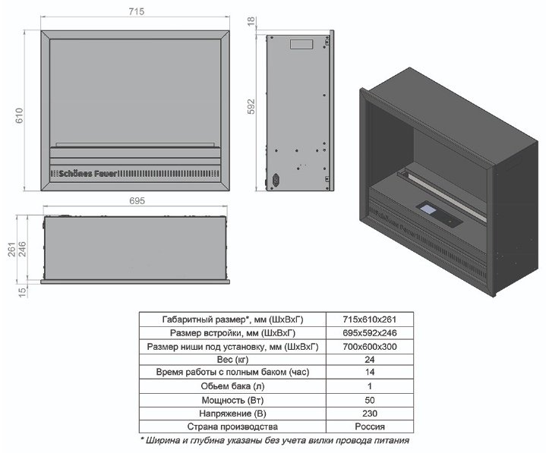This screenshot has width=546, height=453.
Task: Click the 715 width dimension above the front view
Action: click(136, 11)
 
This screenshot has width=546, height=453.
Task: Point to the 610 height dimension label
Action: click(19, 115)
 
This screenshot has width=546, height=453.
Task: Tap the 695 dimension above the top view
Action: click(137, 201)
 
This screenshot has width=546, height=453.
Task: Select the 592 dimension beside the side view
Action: click(251, 106)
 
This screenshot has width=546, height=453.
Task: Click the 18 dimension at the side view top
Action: click(251, 21)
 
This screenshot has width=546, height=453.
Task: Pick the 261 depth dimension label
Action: click(12, 249)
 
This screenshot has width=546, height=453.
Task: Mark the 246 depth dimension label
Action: click(21, 249)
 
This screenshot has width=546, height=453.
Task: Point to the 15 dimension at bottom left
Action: click(22, 292)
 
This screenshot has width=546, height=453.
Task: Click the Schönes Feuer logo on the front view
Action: click(88, 174)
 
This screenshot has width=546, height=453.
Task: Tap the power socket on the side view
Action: click(276, 180)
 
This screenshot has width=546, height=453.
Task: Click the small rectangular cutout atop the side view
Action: click(301, 44)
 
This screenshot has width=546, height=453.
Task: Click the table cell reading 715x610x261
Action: click(370, 319)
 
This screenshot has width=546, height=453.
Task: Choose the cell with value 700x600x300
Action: click(370, 347)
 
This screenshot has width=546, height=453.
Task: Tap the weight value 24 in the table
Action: click(370, 360)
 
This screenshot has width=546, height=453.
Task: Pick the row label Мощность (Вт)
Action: click(232, 400)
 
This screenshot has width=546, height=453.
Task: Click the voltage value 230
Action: click(370, 414)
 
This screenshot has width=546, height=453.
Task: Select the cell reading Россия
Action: click(370, 426)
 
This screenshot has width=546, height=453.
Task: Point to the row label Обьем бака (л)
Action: click(232, 386)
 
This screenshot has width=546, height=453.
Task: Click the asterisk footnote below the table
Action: click(275, 440)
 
